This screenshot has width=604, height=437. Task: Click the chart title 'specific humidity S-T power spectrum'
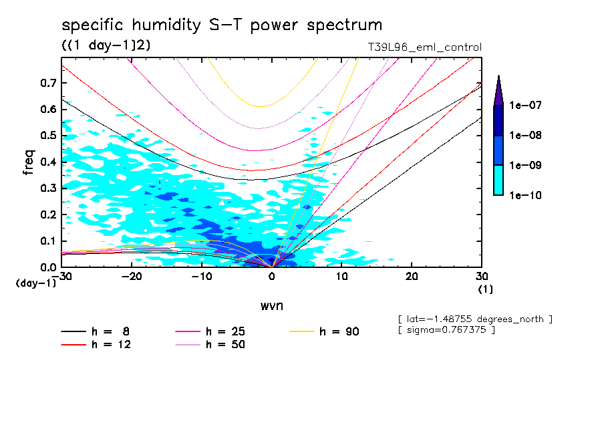(x=222, y=25)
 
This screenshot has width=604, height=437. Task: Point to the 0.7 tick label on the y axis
(x=48, y=83)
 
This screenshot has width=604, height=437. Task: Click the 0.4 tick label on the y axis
(x=48, y=162)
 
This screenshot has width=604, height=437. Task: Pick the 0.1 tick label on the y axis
(x=48, y=241)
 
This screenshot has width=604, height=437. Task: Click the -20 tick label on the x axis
(x=132, y=276)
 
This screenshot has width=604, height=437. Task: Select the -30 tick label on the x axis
(x=62, y=276)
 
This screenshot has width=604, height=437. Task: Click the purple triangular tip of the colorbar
(x=498, y=90)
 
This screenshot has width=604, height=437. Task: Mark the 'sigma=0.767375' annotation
(x=446, y=330)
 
